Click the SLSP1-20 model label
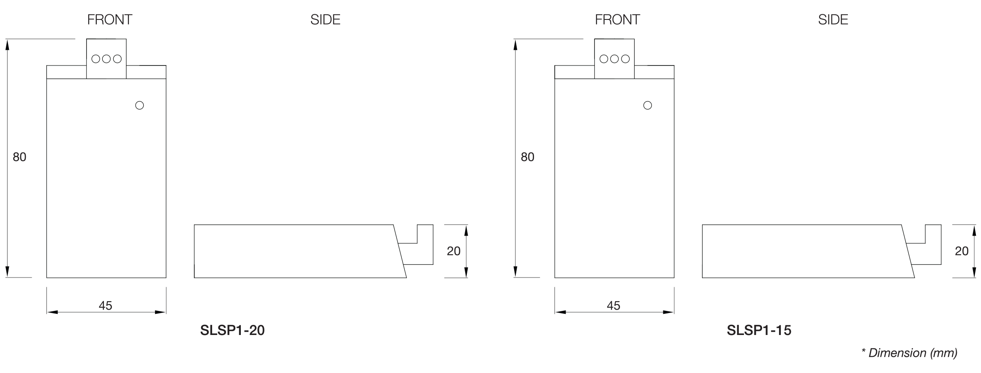232,330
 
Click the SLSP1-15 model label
759,330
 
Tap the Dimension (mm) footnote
909,353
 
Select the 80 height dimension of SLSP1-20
19,157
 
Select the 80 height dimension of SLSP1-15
527,157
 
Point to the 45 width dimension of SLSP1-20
106,305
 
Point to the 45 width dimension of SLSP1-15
613,305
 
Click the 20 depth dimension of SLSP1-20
454,251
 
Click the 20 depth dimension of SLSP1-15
962,251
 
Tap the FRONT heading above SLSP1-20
110,20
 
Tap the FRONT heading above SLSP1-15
617,20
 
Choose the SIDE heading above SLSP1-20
325,20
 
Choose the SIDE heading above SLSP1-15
833,20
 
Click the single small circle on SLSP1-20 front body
139,105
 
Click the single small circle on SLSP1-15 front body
647,105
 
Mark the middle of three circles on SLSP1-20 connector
106,59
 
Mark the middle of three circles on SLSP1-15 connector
614,59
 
